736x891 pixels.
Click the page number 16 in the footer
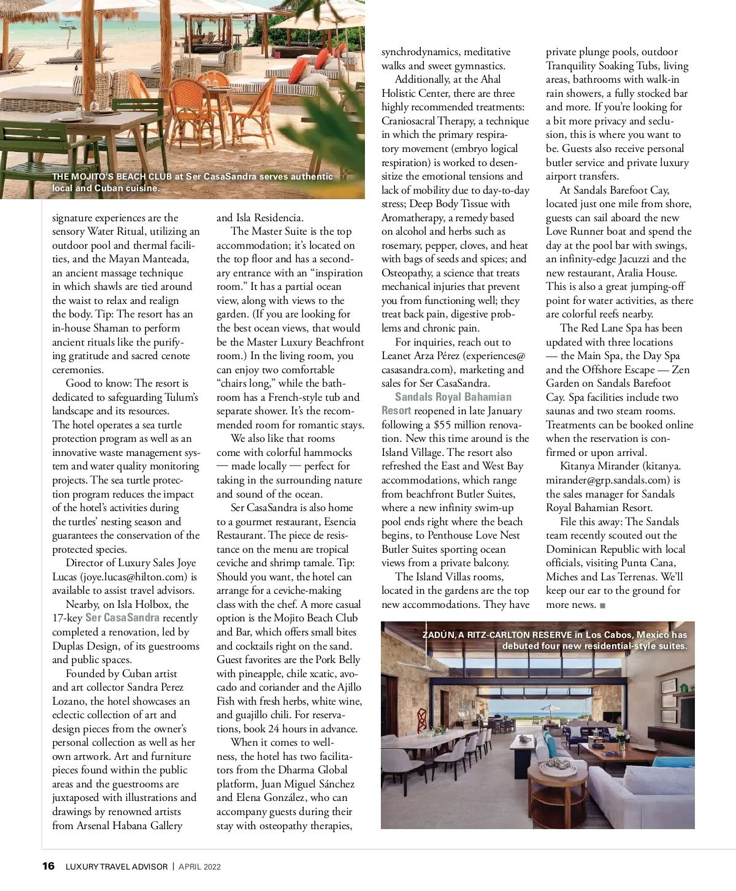click(x=48, y=866)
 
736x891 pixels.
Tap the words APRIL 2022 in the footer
click(x=199, y=866)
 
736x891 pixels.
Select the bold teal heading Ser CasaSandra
click(x=122, y=618)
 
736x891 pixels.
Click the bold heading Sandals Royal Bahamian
click(x=453, y=397)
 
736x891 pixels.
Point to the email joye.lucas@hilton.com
click(x=134, y=577)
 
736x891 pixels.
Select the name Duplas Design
click(x=86, y=646)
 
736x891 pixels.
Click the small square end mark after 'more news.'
click(x=602, y=605)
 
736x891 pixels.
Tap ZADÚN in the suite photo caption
click(x=438, y=635)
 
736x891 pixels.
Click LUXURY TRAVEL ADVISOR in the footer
click(x=117, y=866)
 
